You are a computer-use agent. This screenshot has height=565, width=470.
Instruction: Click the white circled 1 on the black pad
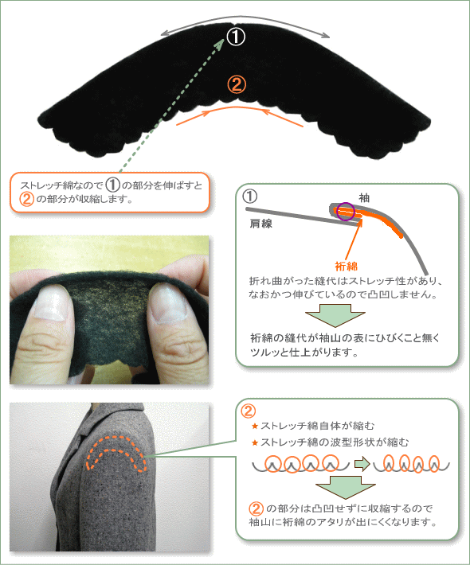[236, 37]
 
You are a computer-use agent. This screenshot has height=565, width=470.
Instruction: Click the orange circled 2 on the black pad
[237, 85]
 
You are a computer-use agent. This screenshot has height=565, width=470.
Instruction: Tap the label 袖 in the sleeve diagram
[364, 198]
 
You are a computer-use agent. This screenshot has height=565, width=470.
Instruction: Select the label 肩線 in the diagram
[260, 224]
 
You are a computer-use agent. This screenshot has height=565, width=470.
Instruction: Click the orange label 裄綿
[346, 267]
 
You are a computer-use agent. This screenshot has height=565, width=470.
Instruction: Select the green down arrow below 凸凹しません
[335, 315]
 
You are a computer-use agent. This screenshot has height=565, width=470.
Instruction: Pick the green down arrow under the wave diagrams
[345, 487]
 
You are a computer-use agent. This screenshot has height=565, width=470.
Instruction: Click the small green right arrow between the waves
[362, 464]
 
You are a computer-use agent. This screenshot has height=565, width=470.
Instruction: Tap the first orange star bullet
[255, 427]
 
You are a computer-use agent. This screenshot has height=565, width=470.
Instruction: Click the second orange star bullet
[255, 442]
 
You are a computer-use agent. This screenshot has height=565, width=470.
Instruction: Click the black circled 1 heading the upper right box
[249, 197]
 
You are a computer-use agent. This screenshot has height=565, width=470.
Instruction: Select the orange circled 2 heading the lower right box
[249, 411]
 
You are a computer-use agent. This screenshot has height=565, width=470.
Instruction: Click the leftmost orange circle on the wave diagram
[273, 463]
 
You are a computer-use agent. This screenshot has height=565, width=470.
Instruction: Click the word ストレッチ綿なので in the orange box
[61, 185]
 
